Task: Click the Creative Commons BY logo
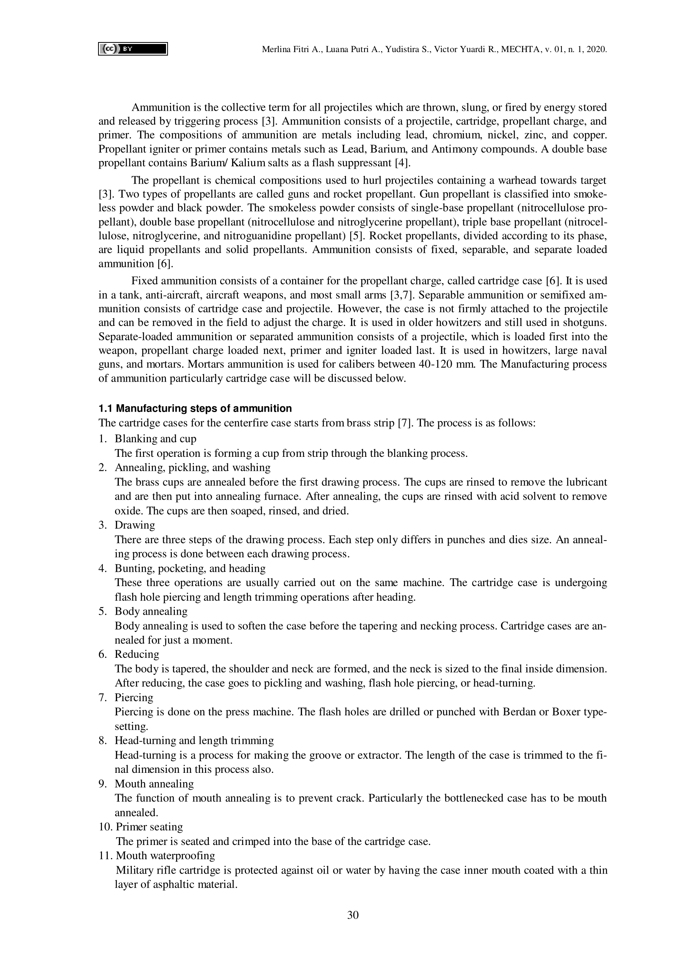(x=132, y=49)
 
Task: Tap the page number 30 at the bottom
(x=353, y=915)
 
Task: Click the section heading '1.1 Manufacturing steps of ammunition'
(x=195, y=409)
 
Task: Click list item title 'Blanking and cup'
(x=156, y=438)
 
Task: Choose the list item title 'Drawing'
(x=135, y=525)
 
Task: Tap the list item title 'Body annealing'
(x=151, y=611)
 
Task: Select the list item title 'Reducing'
(x=137, y=654)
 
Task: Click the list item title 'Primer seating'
(x=149, y=827)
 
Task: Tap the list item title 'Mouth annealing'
(x=154, y=784)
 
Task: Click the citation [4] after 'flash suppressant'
(x=402, y=163)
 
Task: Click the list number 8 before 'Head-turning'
(x=102, y=740)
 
